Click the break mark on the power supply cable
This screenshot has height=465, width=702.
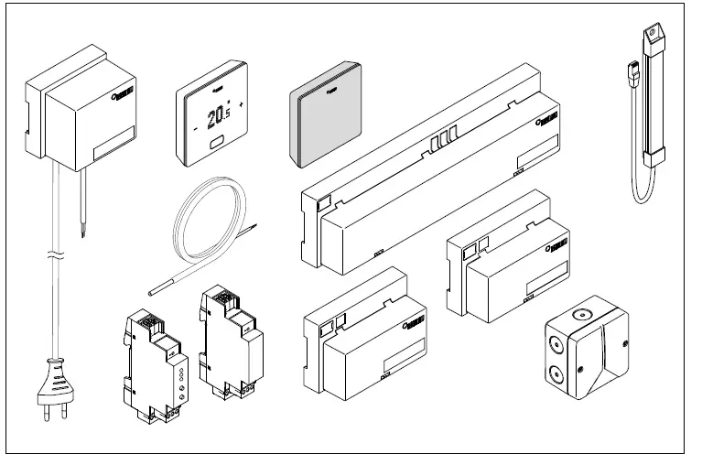[54, 254]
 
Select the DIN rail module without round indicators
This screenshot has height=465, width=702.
[230, 342]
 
